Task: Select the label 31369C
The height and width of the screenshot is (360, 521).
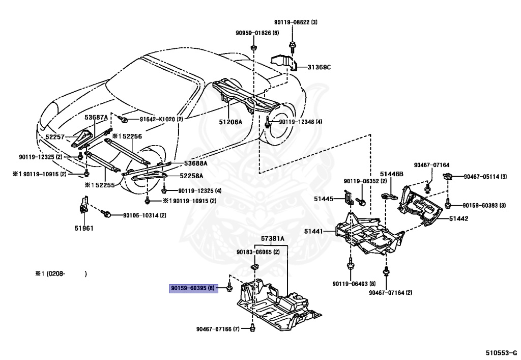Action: point(319,67)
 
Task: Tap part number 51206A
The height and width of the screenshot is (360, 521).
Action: point(230,122)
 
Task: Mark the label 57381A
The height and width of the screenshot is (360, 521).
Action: point(273,238)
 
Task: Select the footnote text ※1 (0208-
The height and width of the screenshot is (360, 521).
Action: point(54,274)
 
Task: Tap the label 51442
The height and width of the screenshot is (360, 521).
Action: point(458,218)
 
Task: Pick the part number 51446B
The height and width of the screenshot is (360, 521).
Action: point(391,174)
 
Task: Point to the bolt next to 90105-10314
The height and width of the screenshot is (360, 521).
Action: point(108,215)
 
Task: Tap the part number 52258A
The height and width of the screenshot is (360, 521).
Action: point(191,176)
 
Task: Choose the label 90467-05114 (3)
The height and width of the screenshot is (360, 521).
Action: point(485,177)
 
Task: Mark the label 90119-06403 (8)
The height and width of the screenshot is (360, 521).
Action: point(354,284)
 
